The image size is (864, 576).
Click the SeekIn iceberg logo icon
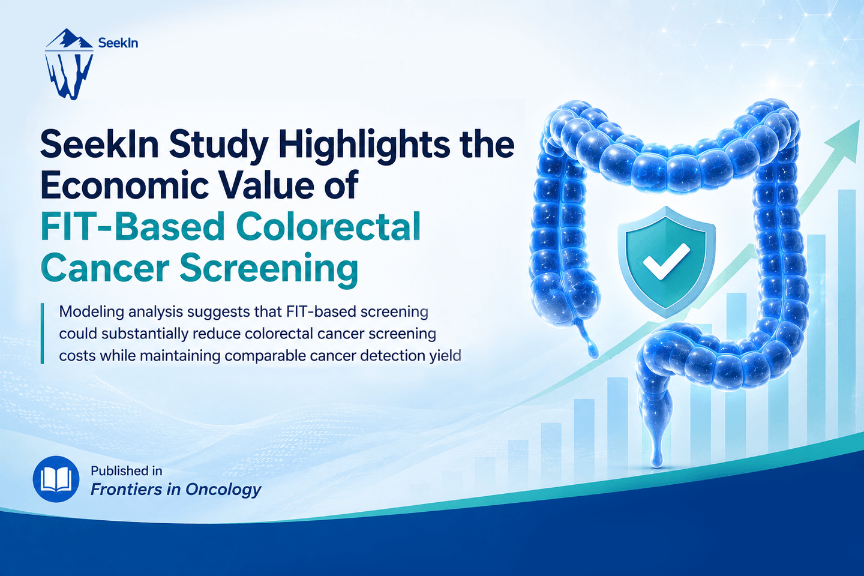(x=69, y=64)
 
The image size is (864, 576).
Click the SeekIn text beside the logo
(x=118, y=43)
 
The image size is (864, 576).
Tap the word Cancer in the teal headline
(x=105, y=269)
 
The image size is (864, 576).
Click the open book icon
(x=56, y=479)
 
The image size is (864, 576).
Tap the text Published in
(x=126, y=471)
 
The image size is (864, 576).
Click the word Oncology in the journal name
(x=223, y=490)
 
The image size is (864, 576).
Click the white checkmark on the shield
(x=667, y=261)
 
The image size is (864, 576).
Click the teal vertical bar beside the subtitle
(x=42, y=334)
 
